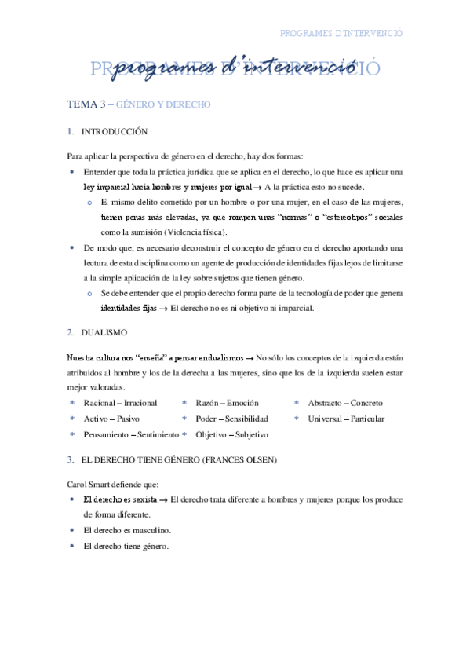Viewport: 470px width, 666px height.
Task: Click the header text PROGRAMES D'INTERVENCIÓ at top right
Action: coord(341,34)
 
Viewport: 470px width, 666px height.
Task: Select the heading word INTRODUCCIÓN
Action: coord(115,132)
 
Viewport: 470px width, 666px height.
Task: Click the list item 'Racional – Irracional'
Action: coord(120,403)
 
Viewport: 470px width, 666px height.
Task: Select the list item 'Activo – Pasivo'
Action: coord(111,419)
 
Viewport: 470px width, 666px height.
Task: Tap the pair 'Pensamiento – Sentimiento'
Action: coord(131,434)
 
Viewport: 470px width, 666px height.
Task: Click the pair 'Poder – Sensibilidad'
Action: coord(232,419)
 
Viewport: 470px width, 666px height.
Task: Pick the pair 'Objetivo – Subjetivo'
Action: coord(232,434)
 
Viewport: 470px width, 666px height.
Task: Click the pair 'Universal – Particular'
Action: coord(346,419)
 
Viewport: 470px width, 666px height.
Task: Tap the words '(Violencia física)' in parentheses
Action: coord(192,232)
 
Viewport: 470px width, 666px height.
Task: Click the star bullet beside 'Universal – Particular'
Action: coord(297,419)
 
